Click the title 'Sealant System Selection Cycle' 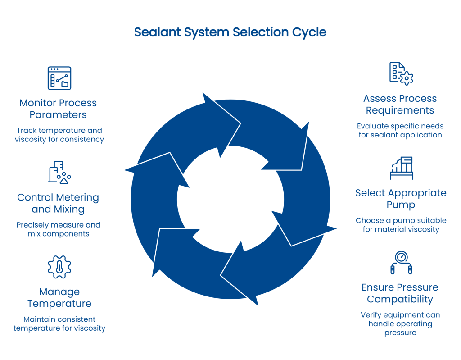click(230, 33)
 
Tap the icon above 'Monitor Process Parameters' click(59, 78)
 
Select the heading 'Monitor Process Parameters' click(58, 109)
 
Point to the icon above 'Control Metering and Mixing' click(59, 173)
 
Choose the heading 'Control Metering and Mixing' click(58, 203)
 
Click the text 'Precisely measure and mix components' click(59, 229)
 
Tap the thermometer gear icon click(59, 267)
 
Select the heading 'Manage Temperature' click(59, 297)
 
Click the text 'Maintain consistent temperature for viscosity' click(59, 324)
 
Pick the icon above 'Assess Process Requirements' click(401, 73)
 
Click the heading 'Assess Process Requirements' click(400, 104)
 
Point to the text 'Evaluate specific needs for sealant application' click(400, 130)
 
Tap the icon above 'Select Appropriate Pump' click(401, 168)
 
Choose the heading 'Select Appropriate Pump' click(401, 199)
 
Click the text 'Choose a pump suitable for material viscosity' click(401, 225)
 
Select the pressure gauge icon click(401, 263)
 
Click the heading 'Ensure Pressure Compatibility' click(400, 293)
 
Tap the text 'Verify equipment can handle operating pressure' click(400, 324)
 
